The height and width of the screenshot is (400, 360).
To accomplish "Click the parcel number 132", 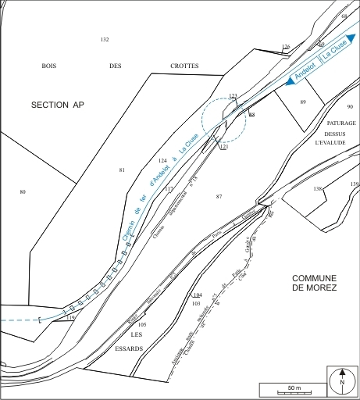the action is [105, 40].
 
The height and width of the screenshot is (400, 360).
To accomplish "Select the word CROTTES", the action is [184, 66].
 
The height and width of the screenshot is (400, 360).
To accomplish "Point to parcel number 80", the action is [23, 191].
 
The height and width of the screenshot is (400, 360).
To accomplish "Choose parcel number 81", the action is [122, 170].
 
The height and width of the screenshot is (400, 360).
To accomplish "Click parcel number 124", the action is [162, 160].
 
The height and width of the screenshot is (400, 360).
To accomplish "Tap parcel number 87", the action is [219, 196].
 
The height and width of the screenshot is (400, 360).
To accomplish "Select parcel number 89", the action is [303, 102].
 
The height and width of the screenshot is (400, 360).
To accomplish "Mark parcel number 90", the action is [350, 106].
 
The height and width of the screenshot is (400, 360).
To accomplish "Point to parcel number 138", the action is [318, 189].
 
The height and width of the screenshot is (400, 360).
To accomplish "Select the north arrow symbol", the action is [341, 382].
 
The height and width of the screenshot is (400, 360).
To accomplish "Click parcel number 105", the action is [142, 324].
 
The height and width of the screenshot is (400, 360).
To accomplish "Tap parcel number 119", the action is [70, 318].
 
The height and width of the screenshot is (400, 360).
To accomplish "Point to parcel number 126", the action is [286, 47].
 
